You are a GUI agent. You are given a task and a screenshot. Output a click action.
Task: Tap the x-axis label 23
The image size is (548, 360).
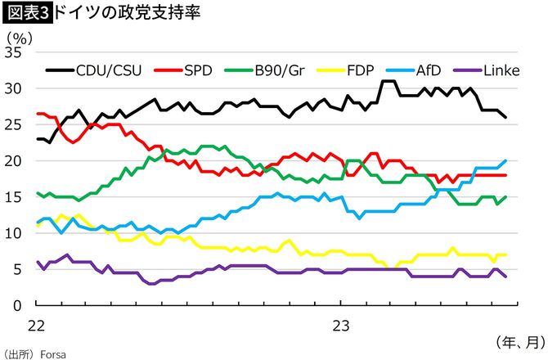(x=341, y=325)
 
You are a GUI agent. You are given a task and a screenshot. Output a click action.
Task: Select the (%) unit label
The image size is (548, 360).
(x=19, y=36)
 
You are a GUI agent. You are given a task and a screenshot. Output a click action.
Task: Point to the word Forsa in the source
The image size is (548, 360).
(x=51, y=354)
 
